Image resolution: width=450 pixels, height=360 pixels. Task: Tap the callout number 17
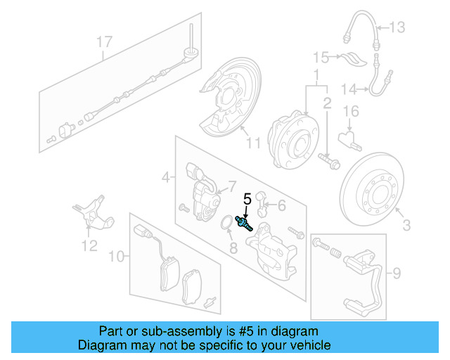click(104, 43)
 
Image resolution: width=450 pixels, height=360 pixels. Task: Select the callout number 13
click(397, 27)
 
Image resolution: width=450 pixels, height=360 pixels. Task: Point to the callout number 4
click(165, 179)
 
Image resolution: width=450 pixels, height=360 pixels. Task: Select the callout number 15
click(321, 57)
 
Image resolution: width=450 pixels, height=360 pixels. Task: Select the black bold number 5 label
click(247, 199)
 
